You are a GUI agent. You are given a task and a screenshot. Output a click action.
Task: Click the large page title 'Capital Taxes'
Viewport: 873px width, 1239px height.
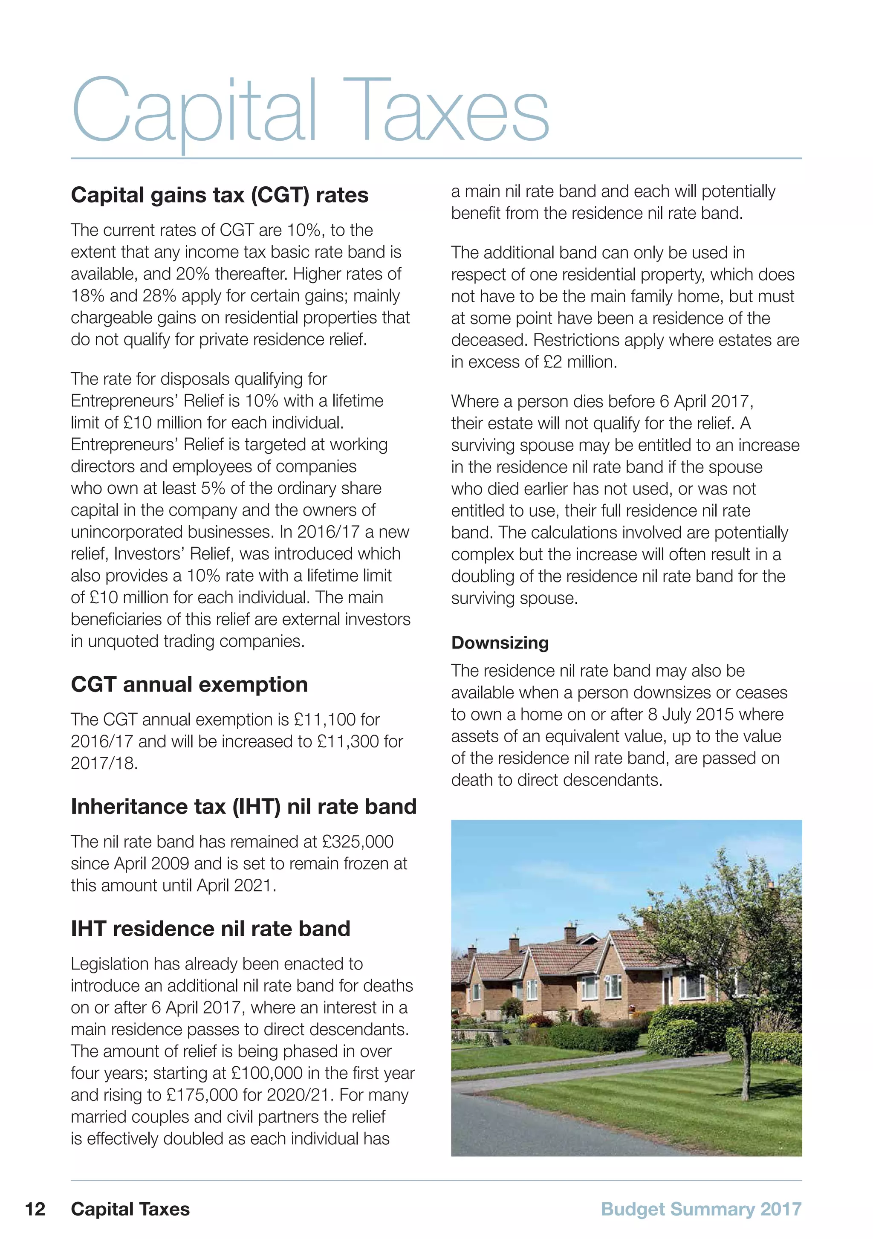(x=310, y=110)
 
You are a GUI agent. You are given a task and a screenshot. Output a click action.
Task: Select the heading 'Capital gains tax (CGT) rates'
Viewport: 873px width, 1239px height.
(x=220, y=195)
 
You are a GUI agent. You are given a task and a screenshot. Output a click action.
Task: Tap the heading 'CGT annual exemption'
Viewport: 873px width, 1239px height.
(x=189, y=684)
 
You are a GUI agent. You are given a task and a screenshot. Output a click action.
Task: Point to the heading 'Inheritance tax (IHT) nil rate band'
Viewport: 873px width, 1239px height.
(x=243, y=806)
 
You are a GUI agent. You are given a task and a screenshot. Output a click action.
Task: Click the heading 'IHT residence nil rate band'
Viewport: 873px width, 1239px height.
(x=211, y=928)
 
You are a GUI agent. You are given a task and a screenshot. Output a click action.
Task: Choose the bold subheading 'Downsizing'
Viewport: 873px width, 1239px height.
(x=500, y=643)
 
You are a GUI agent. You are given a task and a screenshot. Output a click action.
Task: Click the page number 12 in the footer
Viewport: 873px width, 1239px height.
(x=35, y=1209)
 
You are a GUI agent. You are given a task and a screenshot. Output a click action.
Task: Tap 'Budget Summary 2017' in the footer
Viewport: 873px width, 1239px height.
(x=701, y=1209)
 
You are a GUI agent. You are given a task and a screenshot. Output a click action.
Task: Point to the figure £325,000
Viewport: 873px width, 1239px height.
(x=358, y=841)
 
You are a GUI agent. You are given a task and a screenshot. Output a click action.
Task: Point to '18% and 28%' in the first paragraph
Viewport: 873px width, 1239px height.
(x=119, y=296)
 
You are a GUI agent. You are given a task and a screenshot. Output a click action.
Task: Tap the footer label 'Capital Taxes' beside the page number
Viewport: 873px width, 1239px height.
(x=130, y=1209)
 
